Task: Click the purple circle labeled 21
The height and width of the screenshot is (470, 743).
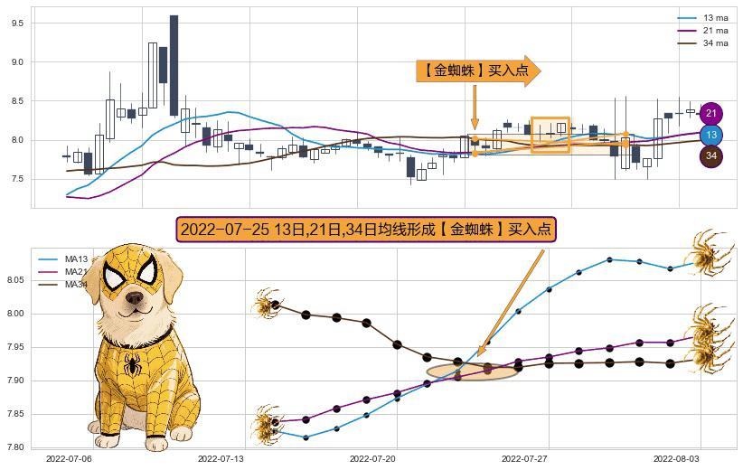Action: pos(711,114)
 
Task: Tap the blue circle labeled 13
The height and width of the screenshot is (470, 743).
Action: pos(711,136)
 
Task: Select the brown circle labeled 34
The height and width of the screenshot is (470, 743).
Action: pos(711,156)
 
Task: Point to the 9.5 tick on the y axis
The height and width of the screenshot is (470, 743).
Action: pos(17,23)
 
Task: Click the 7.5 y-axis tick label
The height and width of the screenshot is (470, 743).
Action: pos(17,179)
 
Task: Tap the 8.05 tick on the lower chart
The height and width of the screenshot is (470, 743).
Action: pos(15,281)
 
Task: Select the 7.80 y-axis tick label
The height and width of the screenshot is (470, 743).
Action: pos(15,447)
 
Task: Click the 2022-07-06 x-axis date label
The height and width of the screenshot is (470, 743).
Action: pos(69,459)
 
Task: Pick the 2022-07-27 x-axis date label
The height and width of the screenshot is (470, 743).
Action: pos(525,459)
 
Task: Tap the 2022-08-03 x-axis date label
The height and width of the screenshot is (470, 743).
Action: pos(677,459)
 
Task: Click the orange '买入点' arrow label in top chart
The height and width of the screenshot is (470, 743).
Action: pos(476,71)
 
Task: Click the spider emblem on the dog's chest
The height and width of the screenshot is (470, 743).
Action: pos(133,366)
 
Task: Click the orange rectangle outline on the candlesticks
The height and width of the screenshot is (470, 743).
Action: pos(550,135)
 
